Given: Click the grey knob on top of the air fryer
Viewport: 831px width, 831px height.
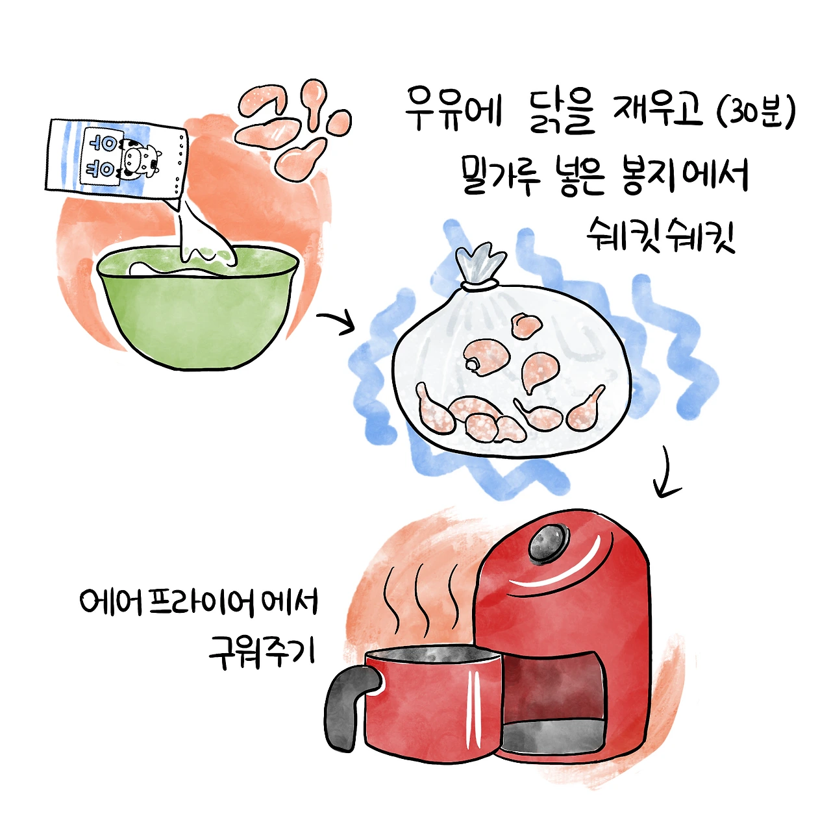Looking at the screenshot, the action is coord(548,544).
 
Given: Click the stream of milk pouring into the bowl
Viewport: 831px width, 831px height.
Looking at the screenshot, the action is coord(203,237).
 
